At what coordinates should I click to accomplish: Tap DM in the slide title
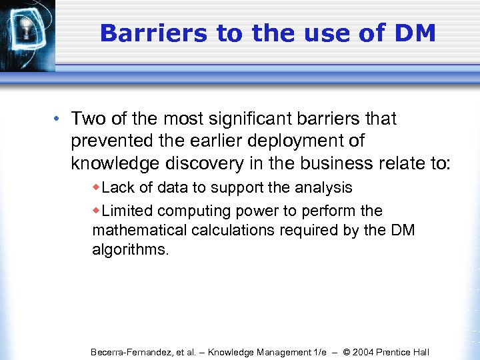(413, 33)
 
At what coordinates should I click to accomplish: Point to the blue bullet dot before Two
(59, 119)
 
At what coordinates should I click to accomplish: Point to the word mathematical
(133, 231)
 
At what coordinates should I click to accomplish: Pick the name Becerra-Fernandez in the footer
(131, 352)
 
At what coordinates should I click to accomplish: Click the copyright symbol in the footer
(345, 352)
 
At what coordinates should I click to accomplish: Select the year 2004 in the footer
(363, 352)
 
